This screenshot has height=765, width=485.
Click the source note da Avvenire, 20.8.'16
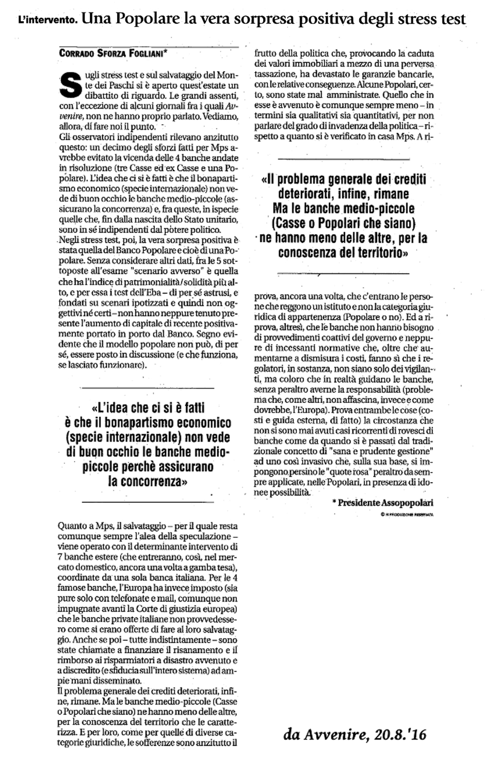(x=355, y=735)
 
